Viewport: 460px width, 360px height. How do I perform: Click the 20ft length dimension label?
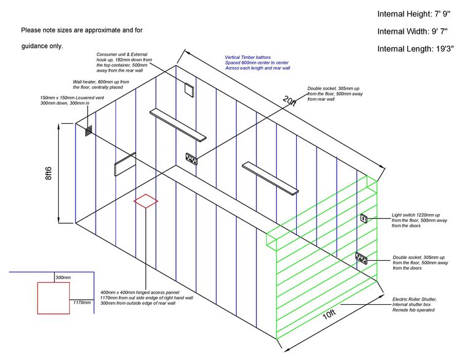point(289,101)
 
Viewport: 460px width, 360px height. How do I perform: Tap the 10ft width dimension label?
point(329,315)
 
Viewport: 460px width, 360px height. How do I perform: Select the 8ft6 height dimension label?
point(48,173)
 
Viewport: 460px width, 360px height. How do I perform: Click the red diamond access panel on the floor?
point(146,201)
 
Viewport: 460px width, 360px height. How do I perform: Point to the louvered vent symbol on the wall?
point(88,131)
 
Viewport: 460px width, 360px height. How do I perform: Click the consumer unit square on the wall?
point(189,89)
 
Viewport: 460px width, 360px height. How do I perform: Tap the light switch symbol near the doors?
point(364,218)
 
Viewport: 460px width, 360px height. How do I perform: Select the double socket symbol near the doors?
point(361,258)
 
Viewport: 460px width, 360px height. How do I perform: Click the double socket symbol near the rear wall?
point(191,159)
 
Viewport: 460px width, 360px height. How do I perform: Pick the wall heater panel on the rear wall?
point(125,164)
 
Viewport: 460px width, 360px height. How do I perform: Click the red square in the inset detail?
point(54,298)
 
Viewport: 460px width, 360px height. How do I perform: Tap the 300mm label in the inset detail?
point(63,277)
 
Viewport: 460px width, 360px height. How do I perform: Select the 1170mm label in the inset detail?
point(82,302)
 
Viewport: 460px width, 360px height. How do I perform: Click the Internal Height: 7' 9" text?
point(413,14)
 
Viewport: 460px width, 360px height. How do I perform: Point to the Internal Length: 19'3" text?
point(415,48)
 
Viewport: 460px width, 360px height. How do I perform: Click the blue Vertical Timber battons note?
point(257,63)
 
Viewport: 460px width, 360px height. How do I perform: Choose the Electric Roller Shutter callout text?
point(414,305)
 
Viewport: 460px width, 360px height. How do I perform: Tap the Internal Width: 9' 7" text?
point(412,31)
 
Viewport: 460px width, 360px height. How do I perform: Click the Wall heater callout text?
point(101,85)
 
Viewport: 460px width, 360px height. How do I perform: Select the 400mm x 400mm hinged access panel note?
point(147,298)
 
